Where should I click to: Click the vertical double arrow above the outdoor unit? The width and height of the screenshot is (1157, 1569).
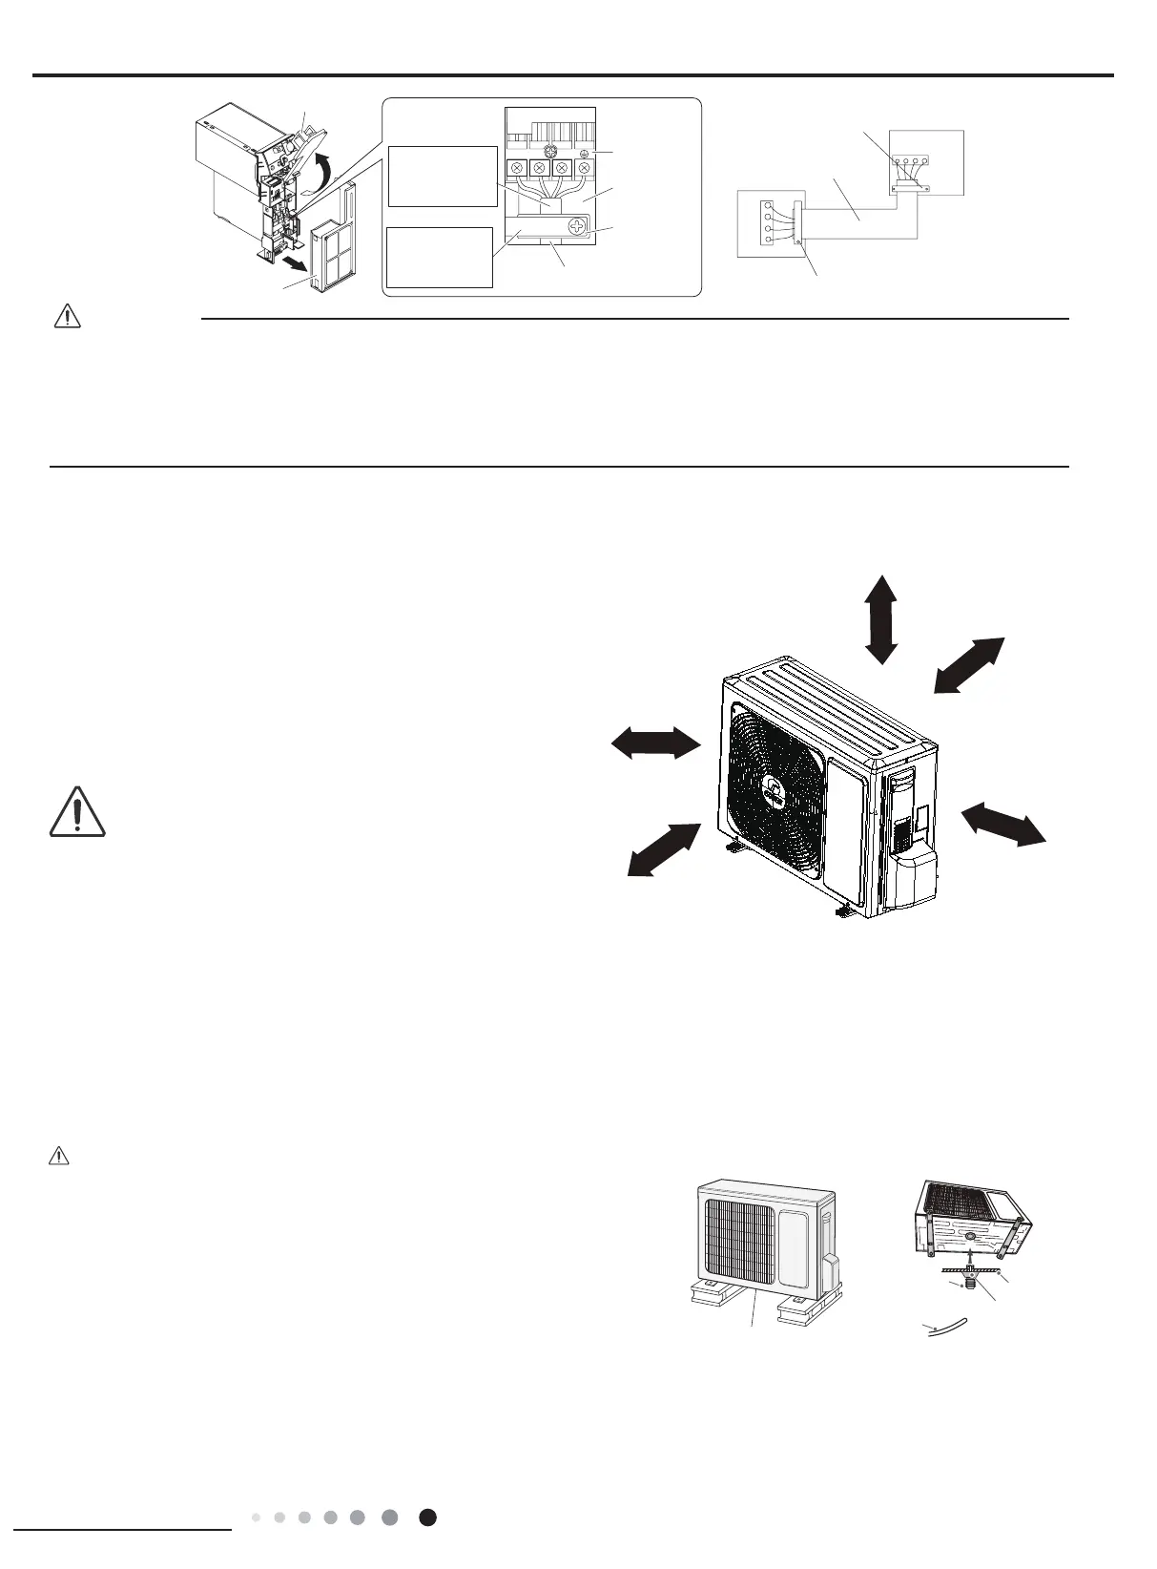880,619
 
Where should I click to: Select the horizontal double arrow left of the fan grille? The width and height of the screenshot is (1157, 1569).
656,743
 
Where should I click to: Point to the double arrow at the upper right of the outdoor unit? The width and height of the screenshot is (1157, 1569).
968,663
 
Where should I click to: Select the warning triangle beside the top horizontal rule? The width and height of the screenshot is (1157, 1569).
67,319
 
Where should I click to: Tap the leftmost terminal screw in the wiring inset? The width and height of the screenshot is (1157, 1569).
516,169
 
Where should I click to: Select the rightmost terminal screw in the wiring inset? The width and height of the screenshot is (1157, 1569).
584,169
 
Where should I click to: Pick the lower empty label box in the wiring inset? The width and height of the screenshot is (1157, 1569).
440,257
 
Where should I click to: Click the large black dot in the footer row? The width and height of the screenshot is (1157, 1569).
428,1517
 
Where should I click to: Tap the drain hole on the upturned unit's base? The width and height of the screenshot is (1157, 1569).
968,1235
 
